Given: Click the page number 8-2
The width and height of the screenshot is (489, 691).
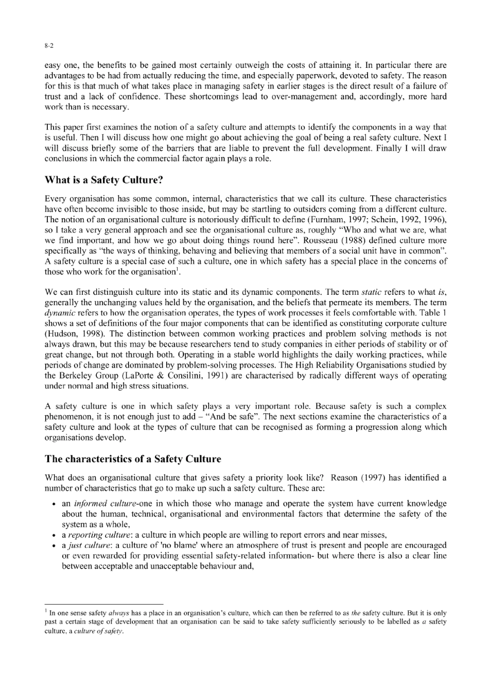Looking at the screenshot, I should click(x=49, y=46).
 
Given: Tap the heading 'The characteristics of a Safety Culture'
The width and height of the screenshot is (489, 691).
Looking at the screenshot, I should click(x=133, y=459).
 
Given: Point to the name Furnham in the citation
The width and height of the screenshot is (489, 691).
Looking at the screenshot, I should click(x=359, y=220).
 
